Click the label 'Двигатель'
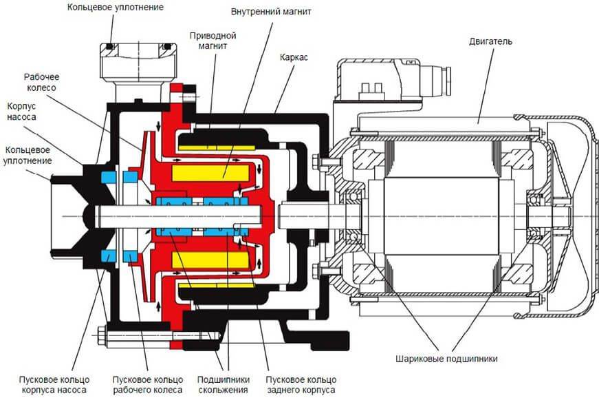tap(490, 41)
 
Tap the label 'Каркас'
tap(294, 57)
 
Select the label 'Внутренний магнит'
tap(271, 12)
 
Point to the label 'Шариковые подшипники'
tap(446, 359)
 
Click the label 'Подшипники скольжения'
tap(224, 385)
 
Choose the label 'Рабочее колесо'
tap(42, 82)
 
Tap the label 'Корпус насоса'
tap(21, 112)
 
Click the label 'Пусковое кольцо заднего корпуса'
tap(301, 385)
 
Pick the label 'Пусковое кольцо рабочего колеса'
tap(148, 385)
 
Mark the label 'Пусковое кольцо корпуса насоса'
tap(54, 385)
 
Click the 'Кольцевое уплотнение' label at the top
tap(116, 7)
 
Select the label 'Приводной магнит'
tap(213, 41)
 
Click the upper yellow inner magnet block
tap(211, 173)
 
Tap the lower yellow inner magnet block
tap(211, 260)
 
